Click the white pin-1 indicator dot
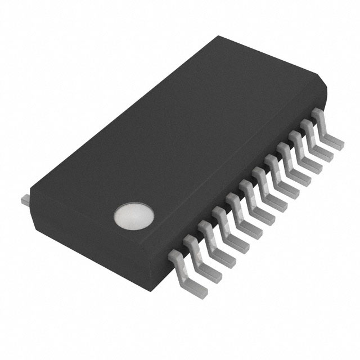134,217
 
